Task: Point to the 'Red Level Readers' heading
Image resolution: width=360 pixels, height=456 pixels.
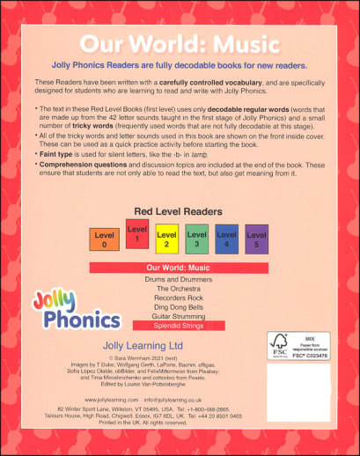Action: point(180,211)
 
